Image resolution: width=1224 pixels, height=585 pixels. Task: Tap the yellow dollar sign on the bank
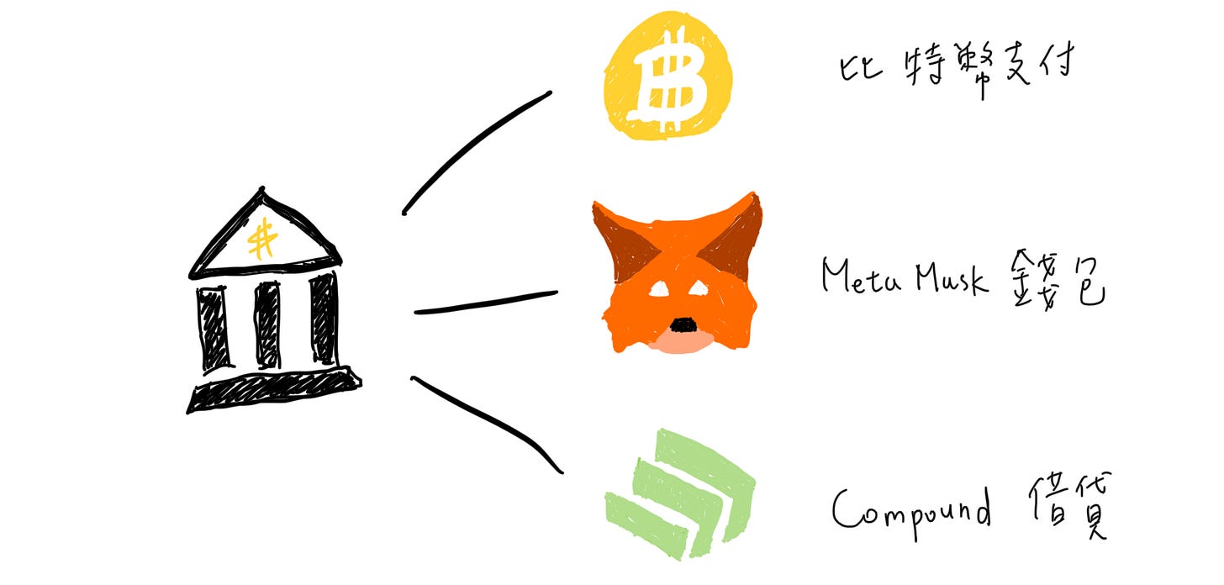point(263,237)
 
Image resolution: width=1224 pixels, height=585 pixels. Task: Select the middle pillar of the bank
point(267,324)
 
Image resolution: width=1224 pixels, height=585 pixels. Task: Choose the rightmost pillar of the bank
point(322,319)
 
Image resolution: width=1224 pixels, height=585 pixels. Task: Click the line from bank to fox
point(486,303)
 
